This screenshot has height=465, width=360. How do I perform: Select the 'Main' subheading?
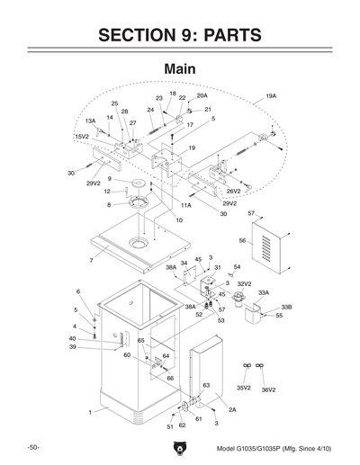[180, 68]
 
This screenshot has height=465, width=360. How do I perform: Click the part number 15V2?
[82, 136]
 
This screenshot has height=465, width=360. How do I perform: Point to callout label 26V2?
[233, 191]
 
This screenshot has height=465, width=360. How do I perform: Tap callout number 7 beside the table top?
[91, 261]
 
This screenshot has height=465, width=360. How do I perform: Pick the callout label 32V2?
[244, 283]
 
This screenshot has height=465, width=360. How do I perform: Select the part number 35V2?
[243, 388]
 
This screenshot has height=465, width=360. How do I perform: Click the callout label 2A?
[231, 409]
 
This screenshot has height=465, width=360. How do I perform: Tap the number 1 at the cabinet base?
[91, 411]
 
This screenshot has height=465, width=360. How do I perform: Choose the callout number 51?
[169, 427]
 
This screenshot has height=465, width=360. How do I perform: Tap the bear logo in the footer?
[180, 448]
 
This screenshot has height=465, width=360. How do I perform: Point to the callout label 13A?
[90, 121]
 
